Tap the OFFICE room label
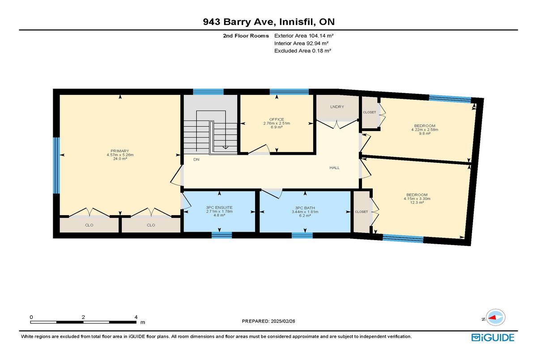click(277, 119)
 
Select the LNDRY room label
click(337, 106)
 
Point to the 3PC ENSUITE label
click(219, 208)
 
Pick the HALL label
click(334, 168)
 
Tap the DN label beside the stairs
click(196, 159)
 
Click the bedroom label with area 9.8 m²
click(424, 126)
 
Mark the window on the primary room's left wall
click(56, 165)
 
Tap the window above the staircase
click(208, 92)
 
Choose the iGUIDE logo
click(492, 338)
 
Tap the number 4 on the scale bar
click(136, 317)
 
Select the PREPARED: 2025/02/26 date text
click(268, 321)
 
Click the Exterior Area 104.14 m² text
click(304, 35)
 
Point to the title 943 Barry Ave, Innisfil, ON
click(268, 21)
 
